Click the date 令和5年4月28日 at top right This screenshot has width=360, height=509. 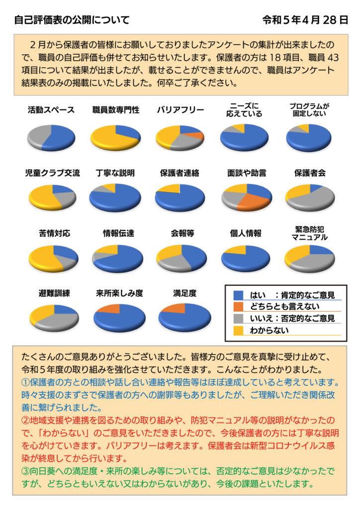(x=305, y=20)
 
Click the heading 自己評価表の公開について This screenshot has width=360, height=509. (x=72, y=20)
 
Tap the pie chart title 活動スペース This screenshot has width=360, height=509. (x=51, y=110)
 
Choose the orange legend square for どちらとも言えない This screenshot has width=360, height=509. (x=239, y=307)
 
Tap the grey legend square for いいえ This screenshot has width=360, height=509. (x=239, y=318)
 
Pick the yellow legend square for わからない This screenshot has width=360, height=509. (x=239, y=329)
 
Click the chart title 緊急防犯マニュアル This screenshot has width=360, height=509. (x=309, y=234)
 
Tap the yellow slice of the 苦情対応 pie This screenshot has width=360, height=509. (x=44, y=257)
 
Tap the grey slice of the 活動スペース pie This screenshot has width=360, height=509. (x=37, y=136)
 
